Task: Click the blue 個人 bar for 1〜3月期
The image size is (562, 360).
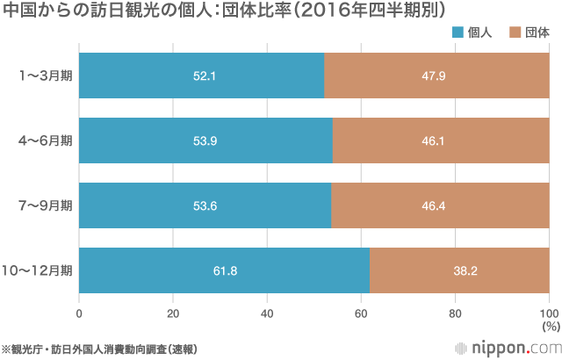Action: (x=202, y=76)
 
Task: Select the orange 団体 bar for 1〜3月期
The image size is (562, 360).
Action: (x=437, y=76)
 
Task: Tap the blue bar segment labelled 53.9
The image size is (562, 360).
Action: (x=205, y=140)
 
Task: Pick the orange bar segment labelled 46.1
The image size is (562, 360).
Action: (x=441, y=140)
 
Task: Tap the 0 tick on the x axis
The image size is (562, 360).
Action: (x=80, y=312)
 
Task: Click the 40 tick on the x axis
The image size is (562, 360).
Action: (x=267, y=312)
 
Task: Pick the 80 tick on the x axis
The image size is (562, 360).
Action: (x=455, y=312)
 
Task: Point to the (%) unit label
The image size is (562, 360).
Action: (x=549, y=326)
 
